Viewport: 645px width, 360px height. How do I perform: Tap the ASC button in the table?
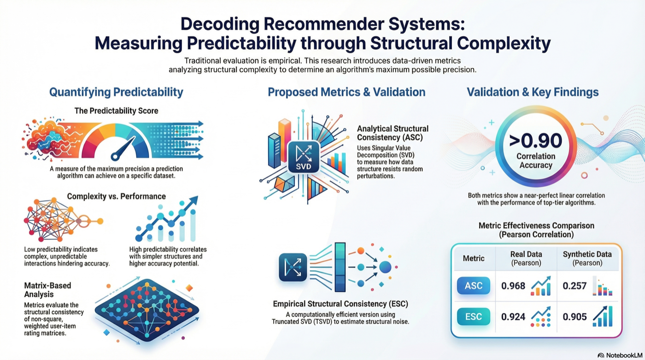click(473, 286)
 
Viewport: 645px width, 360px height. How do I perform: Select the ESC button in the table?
click(473, 317)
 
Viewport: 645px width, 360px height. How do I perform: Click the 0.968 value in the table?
click(513, 286)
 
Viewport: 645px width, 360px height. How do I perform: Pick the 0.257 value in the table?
click(575, 286)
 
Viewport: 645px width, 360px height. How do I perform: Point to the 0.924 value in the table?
click(513, 317)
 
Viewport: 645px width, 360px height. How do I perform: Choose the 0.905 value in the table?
click(575, 317)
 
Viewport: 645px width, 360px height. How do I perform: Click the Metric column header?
click(474, 258)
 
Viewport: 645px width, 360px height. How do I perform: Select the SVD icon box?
click(304, 157)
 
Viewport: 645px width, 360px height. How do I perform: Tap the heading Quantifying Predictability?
click(116, 92)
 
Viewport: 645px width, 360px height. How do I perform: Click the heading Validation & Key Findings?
click(533, 92)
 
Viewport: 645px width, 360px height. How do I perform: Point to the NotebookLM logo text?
click(619, 355)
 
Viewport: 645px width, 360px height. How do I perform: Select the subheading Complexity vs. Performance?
click(116, 196)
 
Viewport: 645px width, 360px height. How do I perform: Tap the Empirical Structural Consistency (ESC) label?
click(340, 304)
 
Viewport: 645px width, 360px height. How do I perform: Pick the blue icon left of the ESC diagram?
click(293, 267)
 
